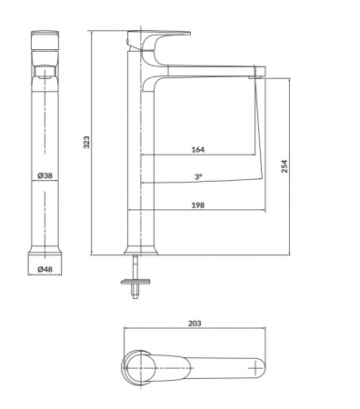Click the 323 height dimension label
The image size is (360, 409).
pyautogui.click(x=86, y=142)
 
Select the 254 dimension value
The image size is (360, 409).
pyautogui.click(x=285, y=166)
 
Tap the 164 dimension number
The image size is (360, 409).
pyautogui.click(x=198, y=149)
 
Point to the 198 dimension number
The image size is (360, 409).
pyautogui.click(x=198, y=205)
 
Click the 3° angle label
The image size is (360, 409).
pyautogui.click(x=198, y=176)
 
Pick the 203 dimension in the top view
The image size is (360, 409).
pyautogui.click(x=195, y=324)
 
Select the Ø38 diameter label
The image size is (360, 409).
pyautogui.click(x=45, y=175)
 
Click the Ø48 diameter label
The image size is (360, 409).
pyautogui.click(x=45, y=269)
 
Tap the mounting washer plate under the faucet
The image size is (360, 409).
pyautogui.click(x=135, y=282)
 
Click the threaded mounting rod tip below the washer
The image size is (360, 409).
pyautogui.click(x=135, y=295)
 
